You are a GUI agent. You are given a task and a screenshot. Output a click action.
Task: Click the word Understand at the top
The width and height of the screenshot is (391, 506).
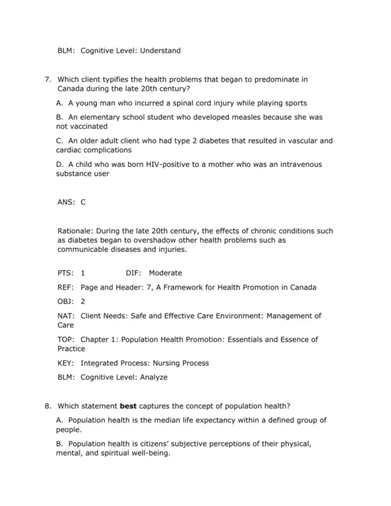160,50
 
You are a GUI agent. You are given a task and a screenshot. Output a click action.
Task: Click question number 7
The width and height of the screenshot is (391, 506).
48,80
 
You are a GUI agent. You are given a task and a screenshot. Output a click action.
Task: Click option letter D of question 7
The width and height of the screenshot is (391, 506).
60,164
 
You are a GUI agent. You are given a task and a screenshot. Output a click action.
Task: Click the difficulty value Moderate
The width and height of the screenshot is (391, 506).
166,273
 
